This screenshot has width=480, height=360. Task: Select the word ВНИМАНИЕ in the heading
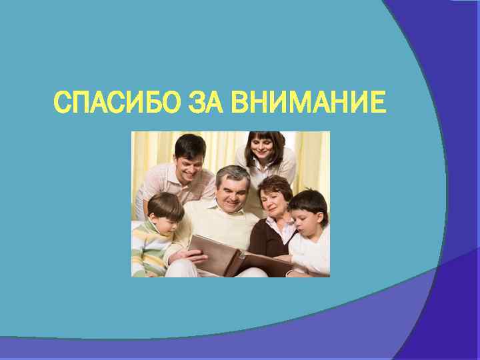point(309,103)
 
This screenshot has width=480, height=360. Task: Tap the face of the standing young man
point(191,159)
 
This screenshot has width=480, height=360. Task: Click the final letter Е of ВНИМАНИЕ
point(378,103)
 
